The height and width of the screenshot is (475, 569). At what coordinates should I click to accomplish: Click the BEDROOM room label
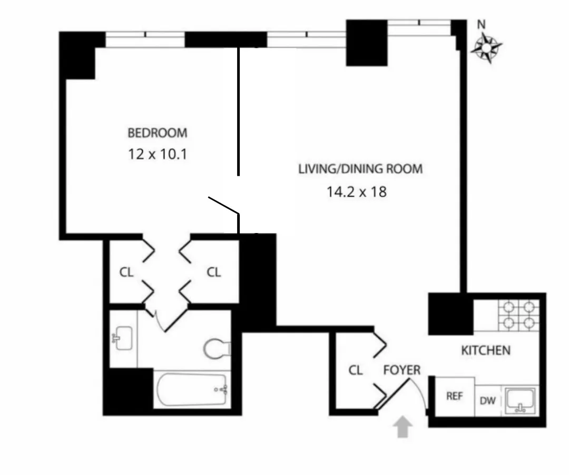157,133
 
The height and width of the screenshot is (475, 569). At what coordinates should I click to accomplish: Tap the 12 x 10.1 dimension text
157,155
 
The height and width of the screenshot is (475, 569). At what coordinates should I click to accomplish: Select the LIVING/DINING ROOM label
360,169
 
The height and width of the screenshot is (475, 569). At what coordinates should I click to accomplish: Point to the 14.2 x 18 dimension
356,191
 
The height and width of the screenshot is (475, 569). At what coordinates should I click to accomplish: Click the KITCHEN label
485,350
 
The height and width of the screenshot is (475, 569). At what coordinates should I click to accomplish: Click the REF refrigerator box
454,396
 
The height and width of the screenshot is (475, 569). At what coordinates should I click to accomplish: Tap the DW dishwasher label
487,400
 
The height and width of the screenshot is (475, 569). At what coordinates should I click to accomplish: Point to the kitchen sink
520,400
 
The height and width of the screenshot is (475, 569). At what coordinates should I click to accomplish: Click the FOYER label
401,370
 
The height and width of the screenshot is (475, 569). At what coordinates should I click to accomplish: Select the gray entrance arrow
404,426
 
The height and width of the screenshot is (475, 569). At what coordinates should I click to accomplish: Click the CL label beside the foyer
356,370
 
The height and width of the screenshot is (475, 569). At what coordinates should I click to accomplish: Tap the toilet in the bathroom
217,348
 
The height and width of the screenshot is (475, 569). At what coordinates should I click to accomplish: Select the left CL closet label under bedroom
126,272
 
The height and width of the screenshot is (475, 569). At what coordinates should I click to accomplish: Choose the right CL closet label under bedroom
213,272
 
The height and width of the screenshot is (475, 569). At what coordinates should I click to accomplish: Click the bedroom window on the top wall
145,39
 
